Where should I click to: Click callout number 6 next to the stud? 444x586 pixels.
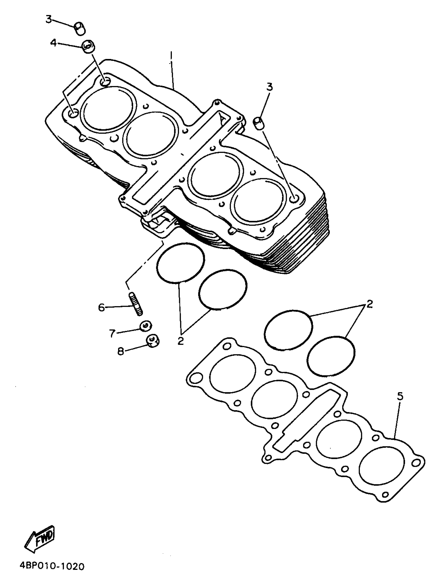coord(102,307)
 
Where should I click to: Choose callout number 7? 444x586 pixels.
coord(112,333)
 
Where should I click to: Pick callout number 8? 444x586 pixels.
coord(121,352)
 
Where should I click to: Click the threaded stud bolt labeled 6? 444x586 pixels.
coord(136,304)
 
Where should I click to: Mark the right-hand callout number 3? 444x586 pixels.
coord(270,87)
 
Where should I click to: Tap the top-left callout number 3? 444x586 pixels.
coord(48,19)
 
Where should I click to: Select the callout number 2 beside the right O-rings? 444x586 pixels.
coord(370,304)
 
